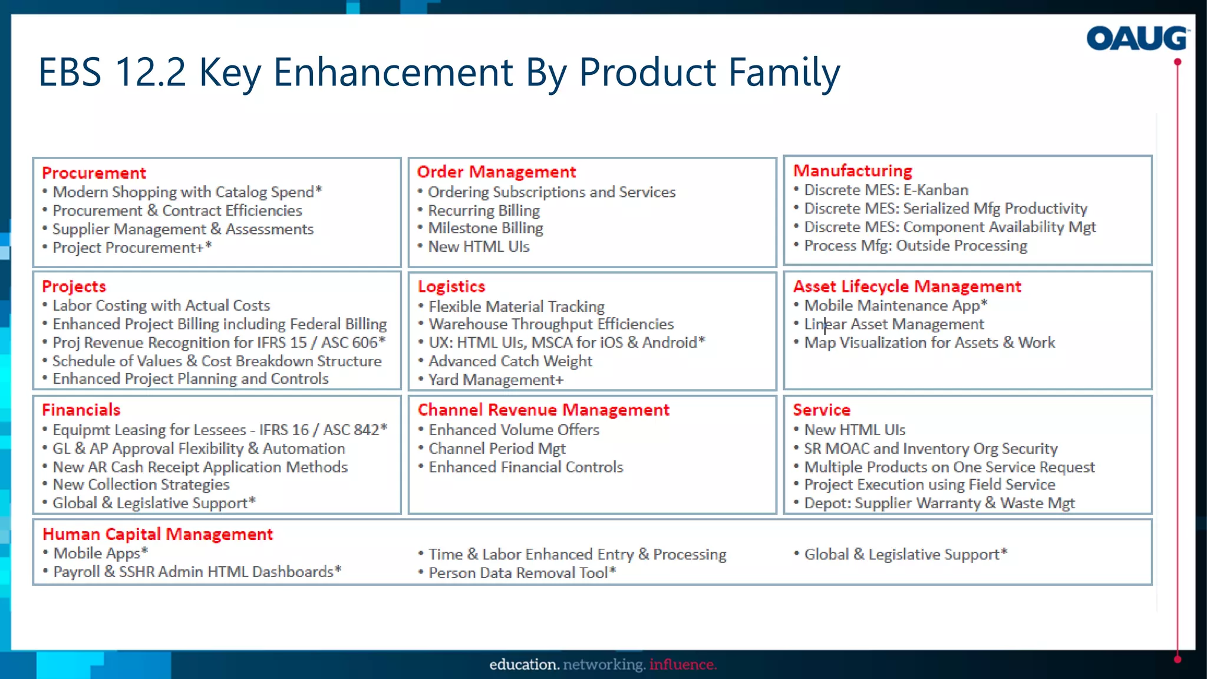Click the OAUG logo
(1137, 38)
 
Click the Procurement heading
(94, 173)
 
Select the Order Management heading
(496, 172)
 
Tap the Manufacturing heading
(852, 170)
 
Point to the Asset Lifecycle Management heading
(906, 286)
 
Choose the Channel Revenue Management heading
(543, 410)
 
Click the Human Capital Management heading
(157, 534)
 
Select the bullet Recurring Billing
(483, 210)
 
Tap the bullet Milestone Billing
(485, 228)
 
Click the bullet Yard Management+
(496, 380)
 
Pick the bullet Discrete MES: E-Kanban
(886, 190)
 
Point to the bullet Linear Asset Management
(893, 324)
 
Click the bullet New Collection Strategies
(141, 484)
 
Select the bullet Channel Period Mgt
(497, 449)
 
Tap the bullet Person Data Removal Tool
(521, 572)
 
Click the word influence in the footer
(682, 664)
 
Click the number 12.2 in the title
(150, 72)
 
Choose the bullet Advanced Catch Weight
(510, 361)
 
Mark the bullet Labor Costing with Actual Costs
(161, 305)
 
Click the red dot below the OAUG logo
(1178, 62)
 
